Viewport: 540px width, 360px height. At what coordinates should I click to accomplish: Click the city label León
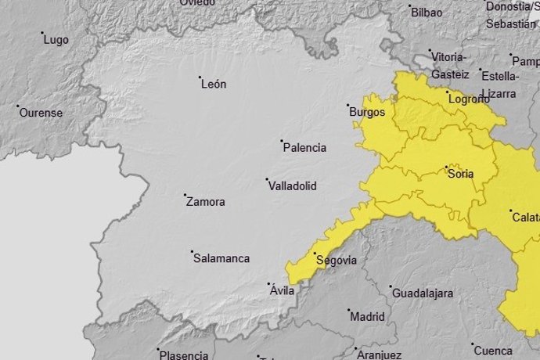[x=214, y=85]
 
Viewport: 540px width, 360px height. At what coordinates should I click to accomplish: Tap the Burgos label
[x=367, y=112]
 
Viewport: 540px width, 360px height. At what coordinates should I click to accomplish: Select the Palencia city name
[x=304, y=148]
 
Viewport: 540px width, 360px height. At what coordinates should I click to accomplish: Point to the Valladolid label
[x=292, y=186]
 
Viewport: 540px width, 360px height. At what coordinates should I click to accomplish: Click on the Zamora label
[x=206, y=202]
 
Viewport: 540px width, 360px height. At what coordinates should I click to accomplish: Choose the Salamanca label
[x=221, y=258]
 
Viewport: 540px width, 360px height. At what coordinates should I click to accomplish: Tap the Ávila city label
[x=282, y=290]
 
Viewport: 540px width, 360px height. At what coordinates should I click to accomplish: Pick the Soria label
[x=461, y=175]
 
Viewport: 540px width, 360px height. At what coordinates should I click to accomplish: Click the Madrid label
[x=367, y=317]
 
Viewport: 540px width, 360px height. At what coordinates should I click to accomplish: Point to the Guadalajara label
[x=423, y=293]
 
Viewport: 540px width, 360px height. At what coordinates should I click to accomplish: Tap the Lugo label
[x=56, y=40]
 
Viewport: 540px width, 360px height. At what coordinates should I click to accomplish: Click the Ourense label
[x=41, y=113]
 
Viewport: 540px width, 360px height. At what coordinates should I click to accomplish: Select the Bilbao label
[x=427, y=13]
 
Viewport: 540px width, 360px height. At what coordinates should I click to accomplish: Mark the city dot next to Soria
[x=446, y=167]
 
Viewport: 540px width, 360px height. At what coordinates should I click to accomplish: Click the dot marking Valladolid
[x=267, y=180]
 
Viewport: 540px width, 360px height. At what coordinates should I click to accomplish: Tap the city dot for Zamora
[x=185, y=196]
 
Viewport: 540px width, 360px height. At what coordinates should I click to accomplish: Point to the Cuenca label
[x=492, y=350]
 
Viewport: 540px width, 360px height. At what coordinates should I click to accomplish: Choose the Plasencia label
[x=184, y=355]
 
